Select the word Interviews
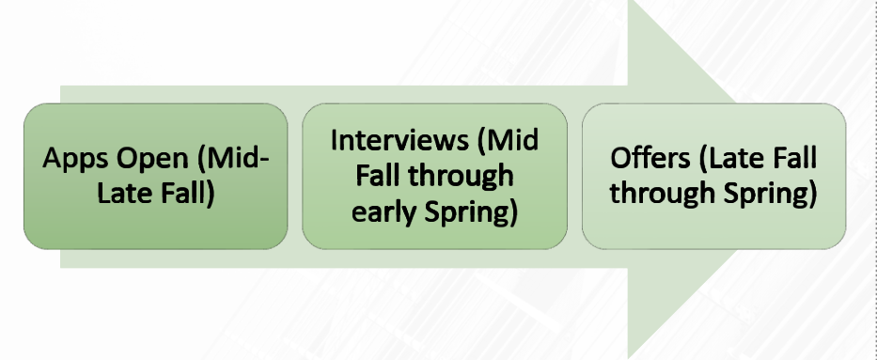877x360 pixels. pyautogui.click(x=398, y=141)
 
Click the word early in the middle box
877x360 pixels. pyautogui.click(x=387, y=211)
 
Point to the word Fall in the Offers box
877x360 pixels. pyautogui.click(x=791, y=158)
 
